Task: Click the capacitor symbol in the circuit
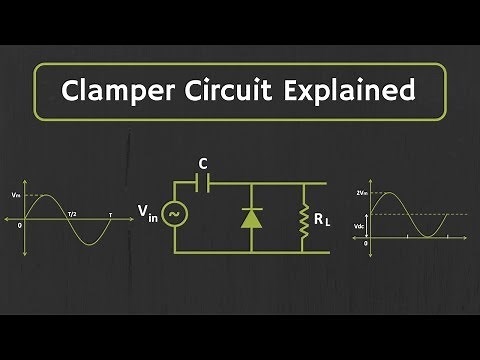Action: click(202, 183)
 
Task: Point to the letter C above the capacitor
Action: click(203, 162)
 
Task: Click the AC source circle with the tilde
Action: click(172, 212)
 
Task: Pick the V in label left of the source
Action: click(148, 212)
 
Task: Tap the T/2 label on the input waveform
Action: click(71, 214)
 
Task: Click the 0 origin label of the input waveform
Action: click(20, 224)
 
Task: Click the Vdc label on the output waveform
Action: click(361, 227)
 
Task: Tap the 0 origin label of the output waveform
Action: click(366, 243)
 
